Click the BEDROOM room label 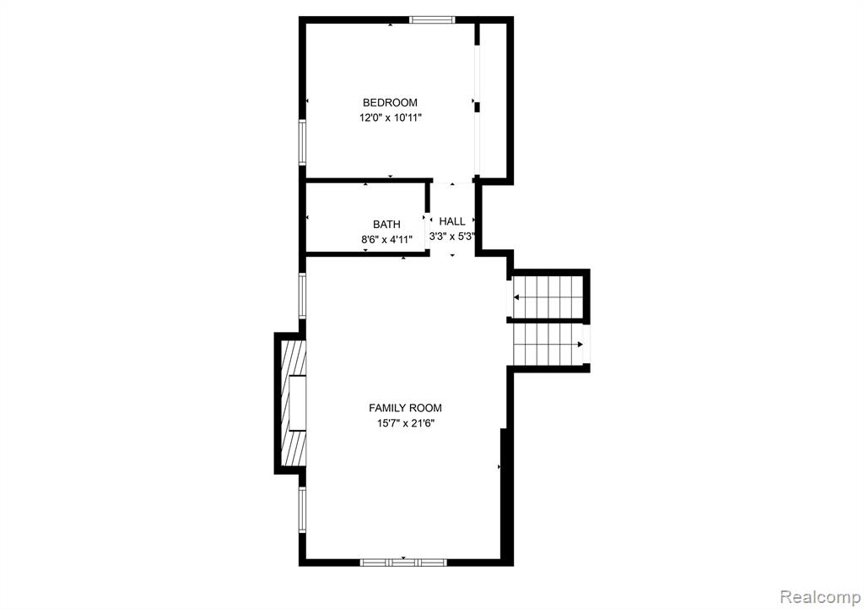pos(390,102)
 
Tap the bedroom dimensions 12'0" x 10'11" pos(390,118)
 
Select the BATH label pos(386,224)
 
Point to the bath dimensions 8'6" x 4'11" pos(386,239)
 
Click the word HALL pos(451,221)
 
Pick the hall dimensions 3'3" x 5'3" pos(453,237)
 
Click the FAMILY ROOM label pos(405,408)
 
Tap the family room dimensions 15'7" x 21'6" pos(405,423)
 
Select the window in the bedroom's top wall pos(432,19)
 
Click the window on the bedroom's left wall pos(302,141)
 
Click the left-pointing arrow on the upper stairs pos(516,297)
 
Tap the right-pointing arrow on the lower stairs pos(580,345)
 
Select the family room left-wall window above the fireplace pos(302,295)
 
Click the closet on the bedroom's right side pos(492,100)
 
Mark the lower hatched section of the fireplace pos(294,448)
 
